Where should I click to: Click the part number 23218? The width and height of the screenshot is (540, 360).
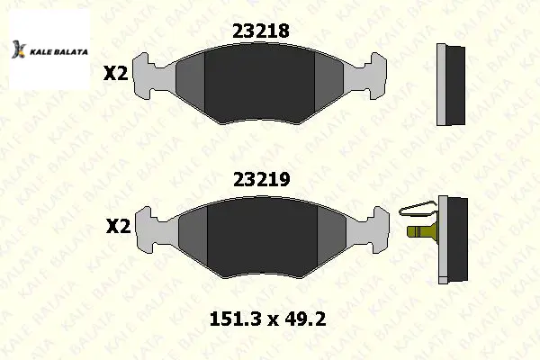point(261,31)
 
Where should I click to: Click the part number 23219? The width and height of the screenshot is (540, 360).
point(262,179)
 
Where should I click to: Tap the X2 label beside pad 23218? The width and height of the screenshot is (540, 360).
point(116,74)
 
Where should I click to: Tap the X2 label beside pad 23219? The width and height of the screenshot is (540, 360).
point(118,226)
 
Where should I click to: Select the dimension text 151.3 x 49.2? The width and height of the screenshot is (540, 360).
point(267,319)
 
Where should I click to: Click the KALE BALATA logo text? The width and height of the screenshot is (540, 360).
point(58,52)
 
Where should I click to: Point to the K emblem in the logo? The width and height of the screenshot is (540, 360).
point(19,49)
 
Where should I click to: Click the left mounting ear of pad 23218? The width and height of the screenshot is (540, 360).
point(147,76)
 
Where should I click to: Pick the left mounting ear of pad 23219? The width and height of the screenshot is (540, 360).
point(149,229)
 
